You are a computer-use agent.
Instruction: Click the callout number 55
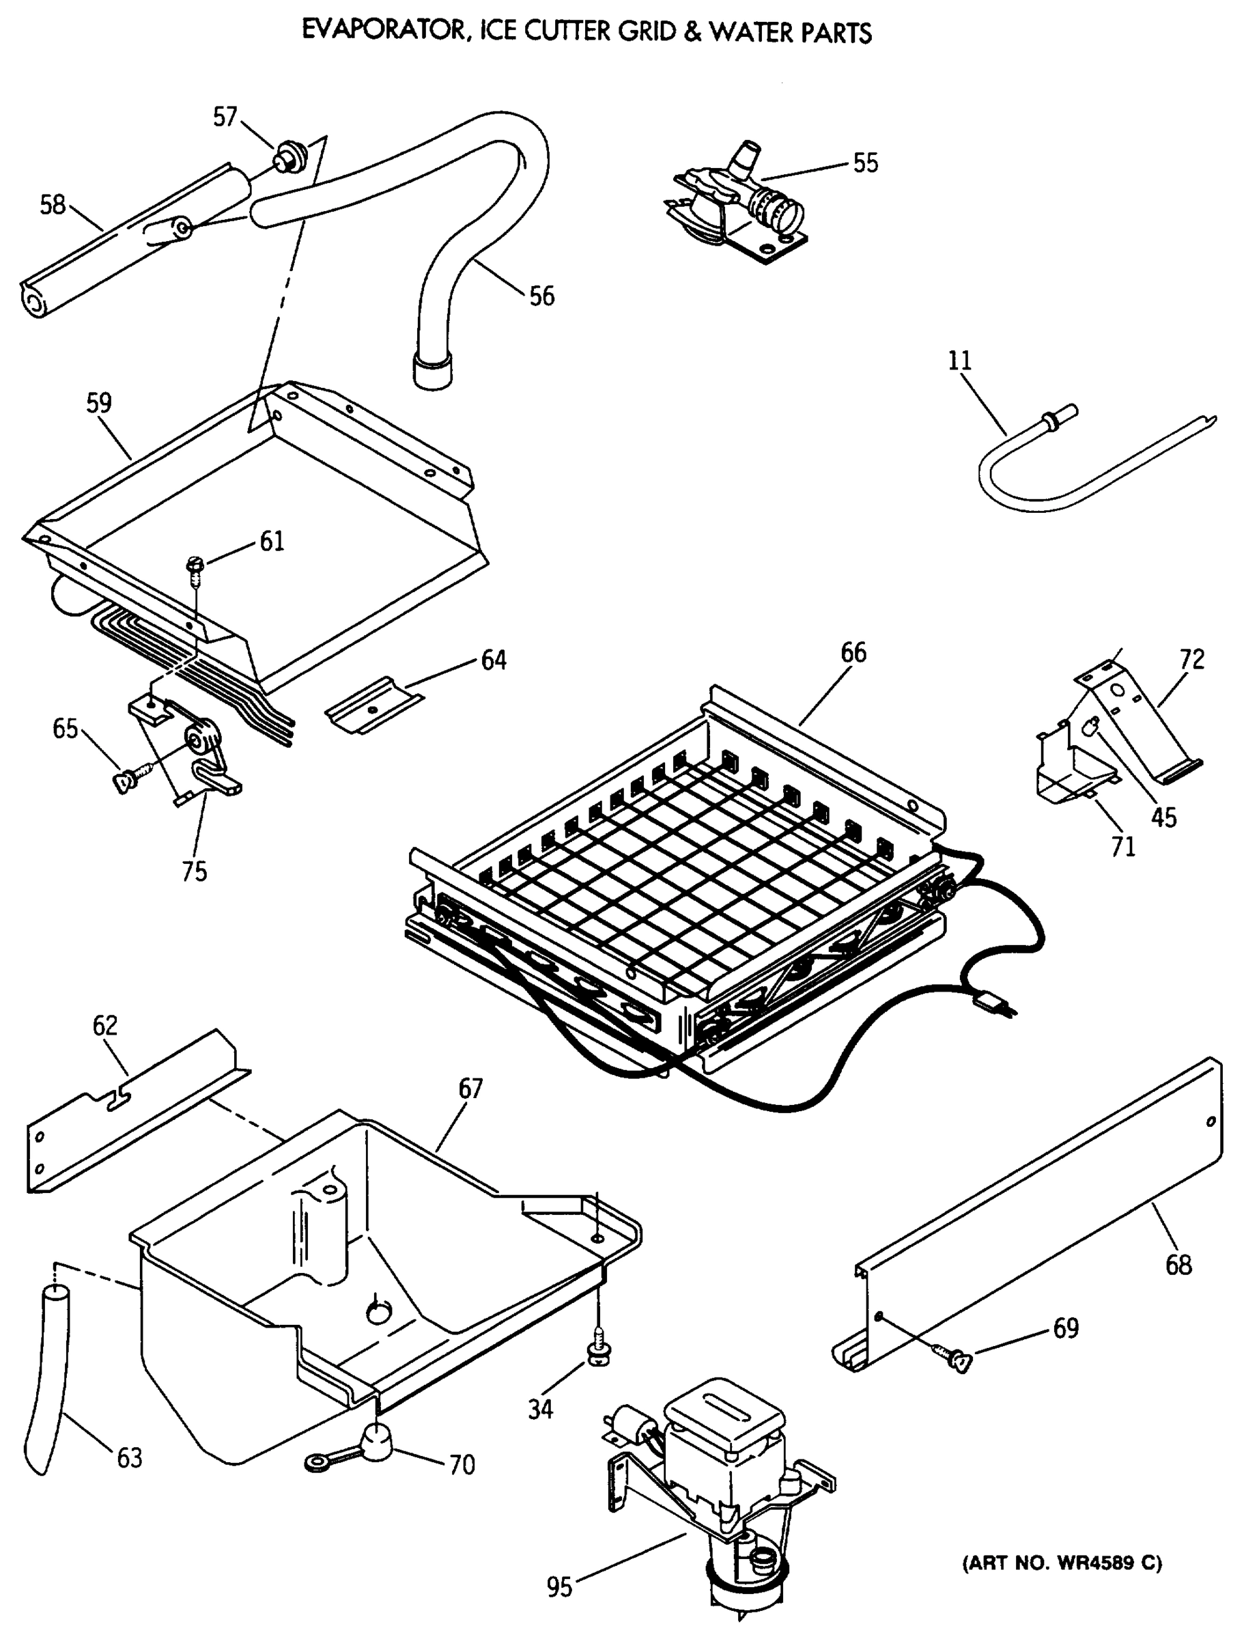866,163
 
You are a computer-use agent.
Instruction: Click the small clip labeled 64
373,706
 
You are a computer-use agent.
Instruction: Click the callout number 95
559,1587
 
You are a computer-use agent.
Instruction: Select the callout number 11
959,361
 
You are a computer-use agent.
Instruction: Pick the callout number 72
1191,660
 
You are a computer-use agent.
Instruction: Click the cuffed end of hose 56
432,372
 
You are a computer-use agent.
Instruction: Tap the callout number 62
105,1025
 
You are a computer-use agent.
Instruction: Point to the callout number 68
1178,1265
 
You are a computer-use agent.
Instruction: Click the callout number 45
1164,817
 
